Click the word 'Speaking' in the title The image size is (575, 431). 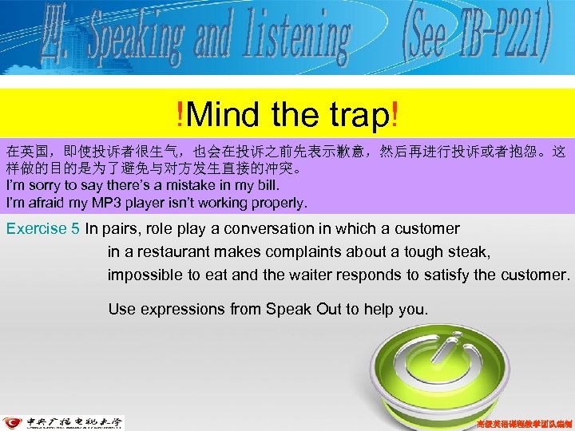[x=135, y=37]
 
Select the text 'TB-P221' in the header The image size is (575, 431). [x=498, y=36]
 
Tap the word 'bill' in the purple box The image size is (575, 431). [x=266, y=185]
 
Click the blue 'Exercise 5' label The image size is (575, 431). [x=42, y=229]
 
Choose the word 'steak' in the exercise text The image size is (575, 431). [x=470, y=252]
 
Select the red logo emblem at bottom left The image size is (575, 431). [x=13, y=423]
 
